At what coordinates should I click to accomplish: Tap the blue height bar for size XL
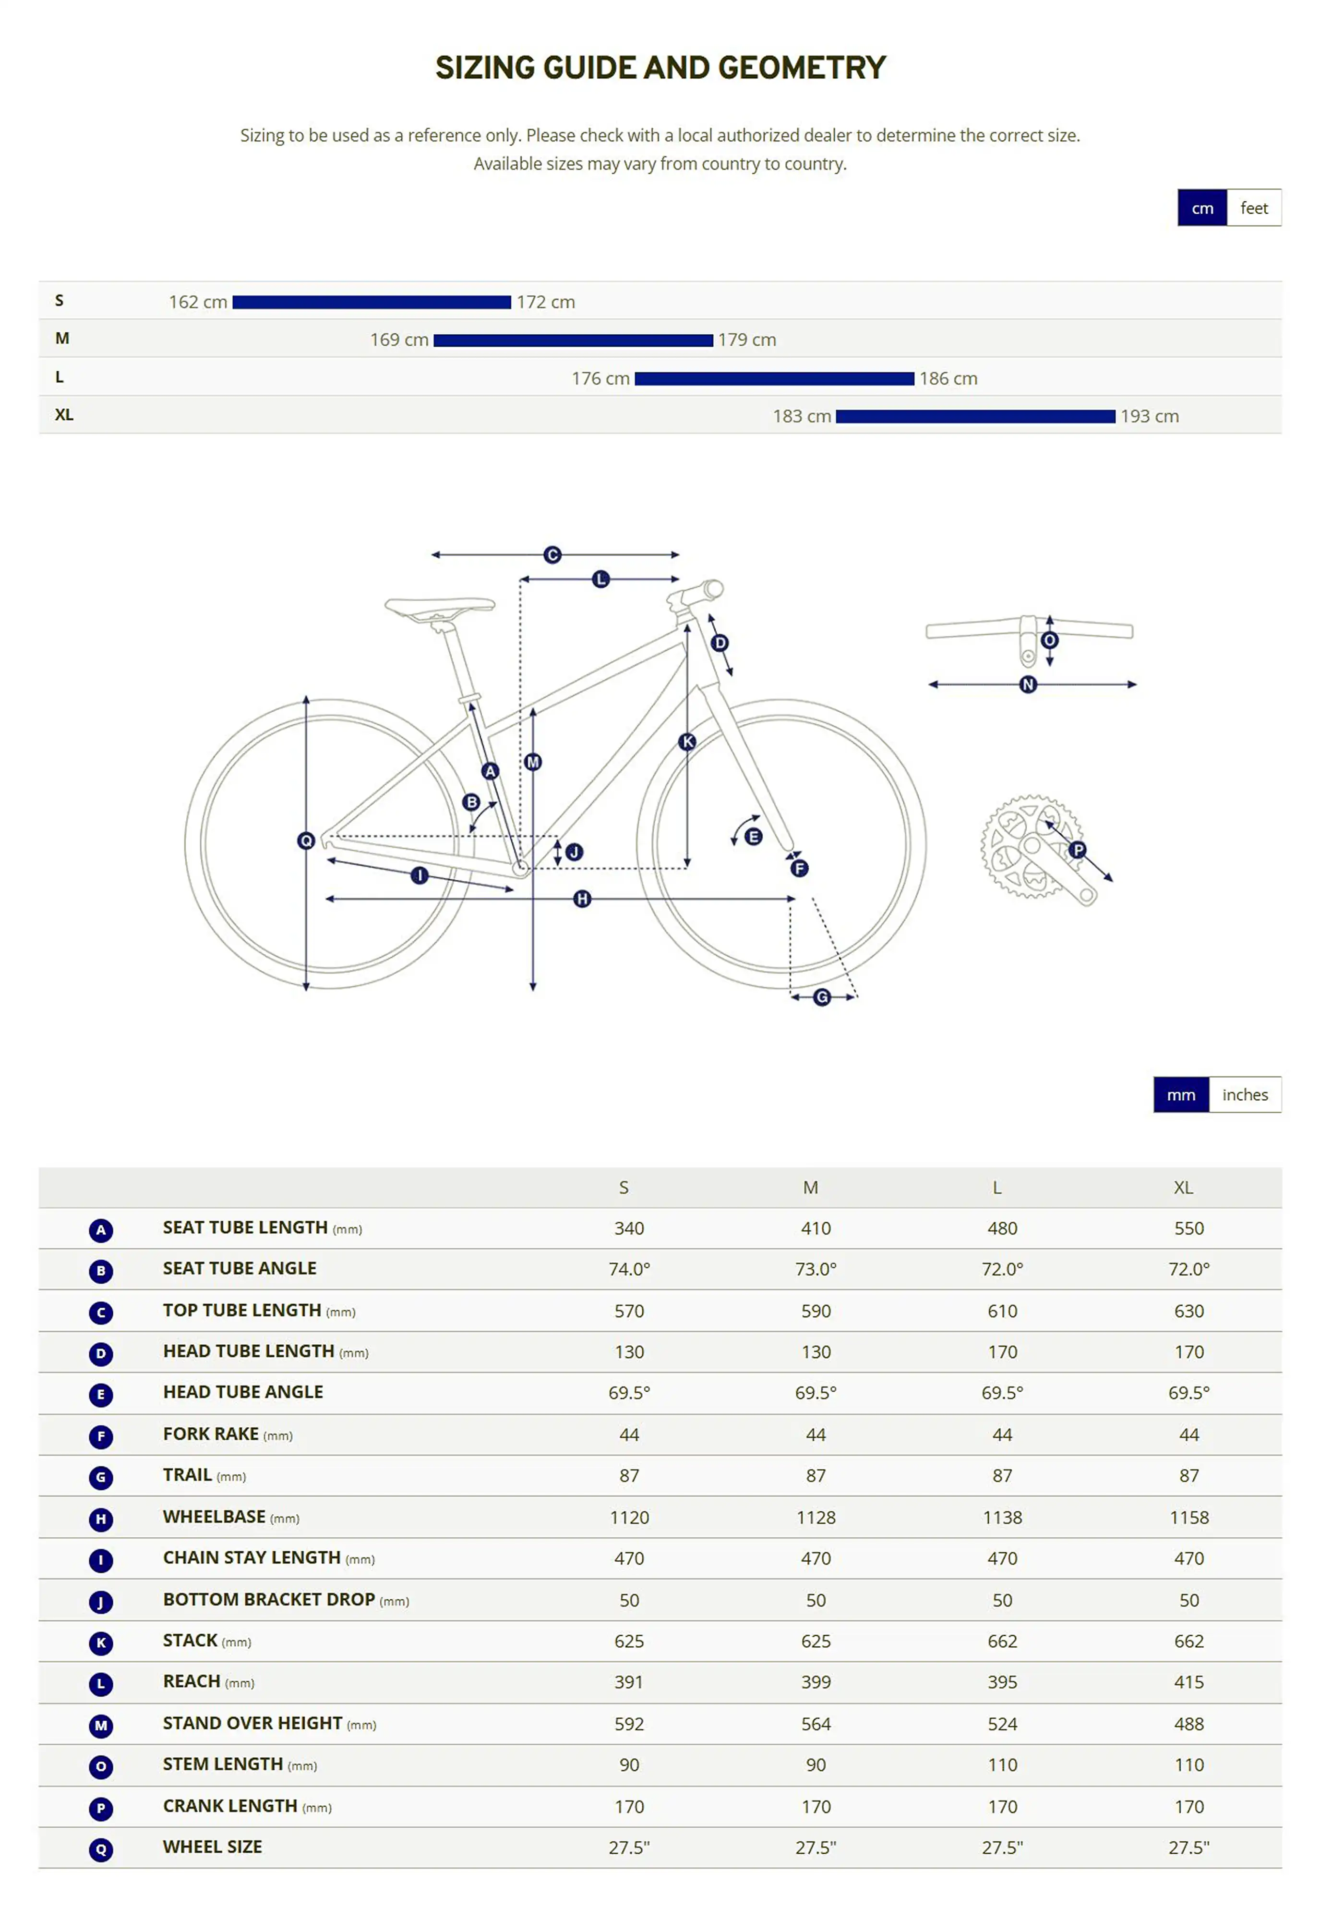975,416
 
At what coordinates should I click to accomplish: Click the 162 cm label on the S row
198,302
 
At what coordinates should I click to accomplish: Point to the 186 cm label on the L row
948,378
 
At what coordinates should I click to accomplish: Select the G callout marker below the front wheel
821,997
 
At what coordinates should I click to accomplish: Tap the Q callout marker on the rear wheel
306,840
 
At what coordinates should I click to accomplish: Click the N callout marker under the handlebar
1028,684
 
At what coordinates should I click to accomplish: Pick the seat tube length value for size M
816,1228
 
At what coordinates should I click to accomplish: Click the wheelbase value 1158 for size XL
1188,1517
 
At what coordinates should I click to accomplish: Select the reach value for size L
1002,1682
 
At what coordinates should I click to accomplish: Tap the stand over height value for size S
629,1724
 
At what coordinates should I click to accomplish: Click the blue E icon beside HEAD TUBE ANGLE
101,1395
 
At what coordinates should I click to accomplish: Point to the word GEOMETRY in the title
802,68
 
